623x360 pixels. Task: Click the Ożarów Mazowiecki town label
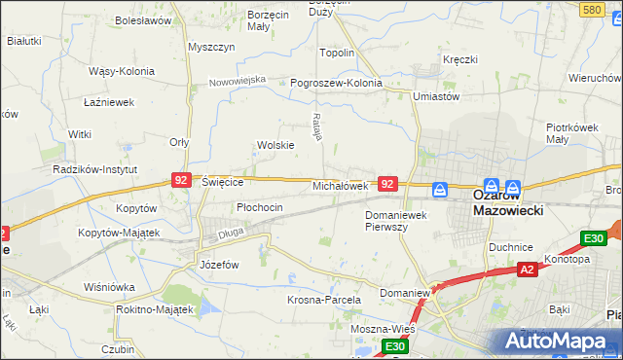[507, 201]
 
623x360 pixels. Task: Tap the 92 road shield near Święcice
[180, 180]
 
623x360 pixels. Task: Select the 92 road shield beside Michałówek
[387, 183]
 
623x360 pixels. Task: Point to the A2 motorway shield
[527, 270]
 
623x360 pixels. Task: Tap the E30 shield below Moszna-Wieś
[393, 346]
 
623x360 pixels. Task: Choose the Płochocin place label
[260, 207]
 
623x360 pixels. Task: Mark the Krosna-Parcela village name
[324, 300]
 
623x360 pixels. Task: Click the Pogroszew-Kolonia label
[337, 83]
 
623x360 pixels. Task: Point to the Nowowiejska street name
[238, 81]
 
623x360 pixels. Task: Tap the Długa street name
[230, 233]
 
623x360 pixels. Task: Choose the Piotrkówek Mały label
[570, 133]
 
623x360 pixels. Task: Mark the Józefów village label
[219, 264]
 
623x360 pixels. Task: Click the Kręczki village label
[459, 59]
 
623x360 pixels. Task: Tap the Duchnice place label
[512, 247]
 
